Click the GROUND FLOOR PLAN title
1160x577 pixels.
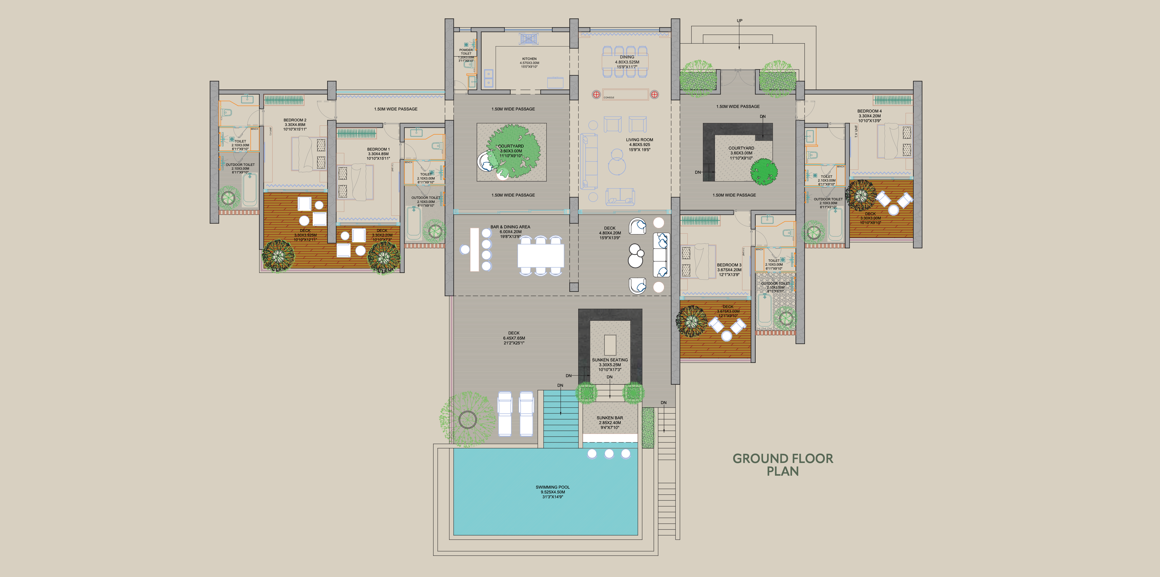783,465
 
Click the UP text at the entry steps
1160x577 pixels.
739,21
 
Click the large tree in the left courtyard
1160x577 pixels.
513,151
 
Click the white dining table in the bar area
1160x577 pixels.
540,255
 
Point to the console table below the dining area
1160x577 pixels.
625,94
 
